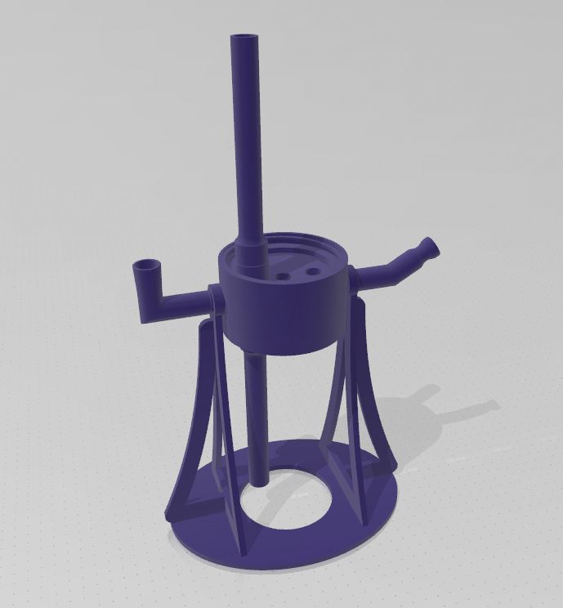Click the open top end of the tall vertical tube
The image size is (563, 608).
tap(244, 38)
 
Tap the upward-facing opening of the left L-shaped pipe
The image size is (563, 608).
tap(146, 266)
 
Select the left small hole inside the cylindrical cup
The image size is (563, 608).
tap(284, 276)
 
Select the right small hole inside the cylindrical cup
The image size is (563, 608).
tap(311, 270)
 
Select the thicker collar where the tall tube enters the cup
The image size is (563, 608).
tap(250, 249)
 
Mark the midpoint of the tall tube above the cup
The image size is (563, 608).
tap(246, 139)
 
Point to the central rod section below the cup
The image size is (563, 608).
tap(256, 409)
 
